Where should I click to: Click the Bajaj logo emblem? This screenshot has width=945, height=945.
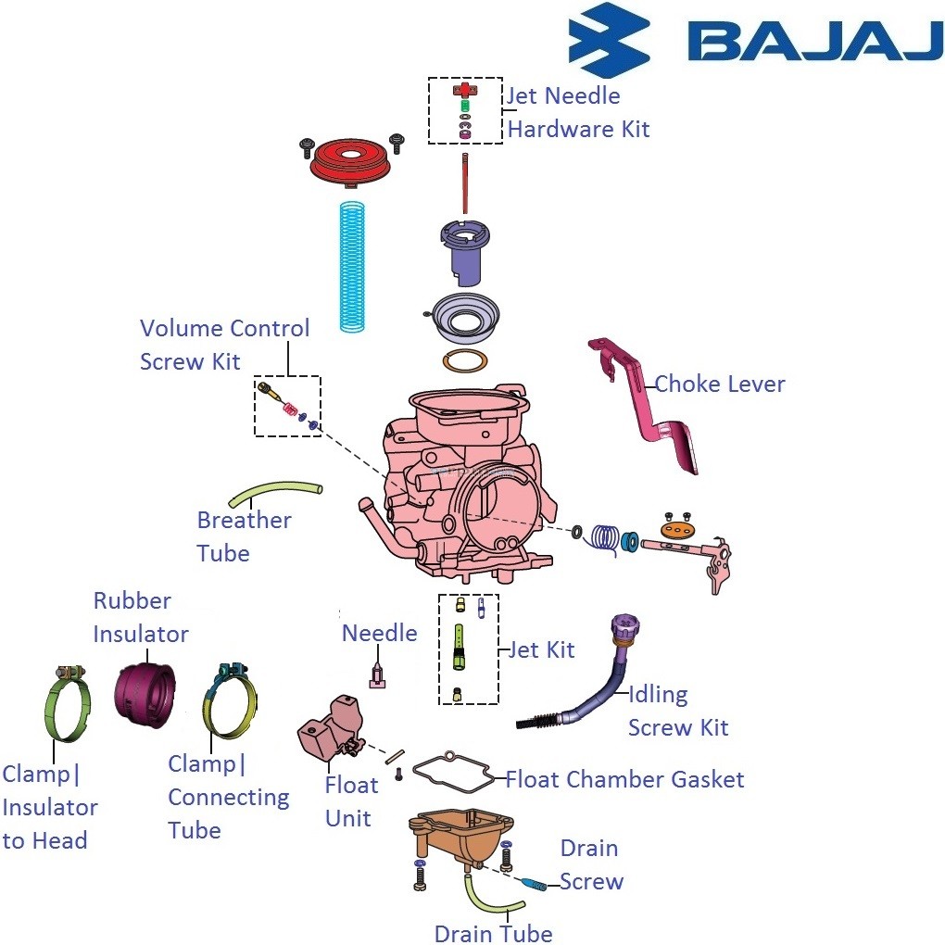(609, 39)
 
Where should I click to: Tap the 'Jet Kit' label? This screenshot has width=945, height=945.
(541, 649)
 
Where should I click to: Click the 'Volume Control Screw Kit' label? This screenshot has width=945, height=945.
(224, 344)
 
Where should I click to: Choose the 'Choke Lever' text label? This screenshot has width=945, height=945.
(720, 384)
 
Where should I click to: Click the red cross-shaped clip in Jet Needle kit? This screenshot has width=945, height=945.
(462, 90)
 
